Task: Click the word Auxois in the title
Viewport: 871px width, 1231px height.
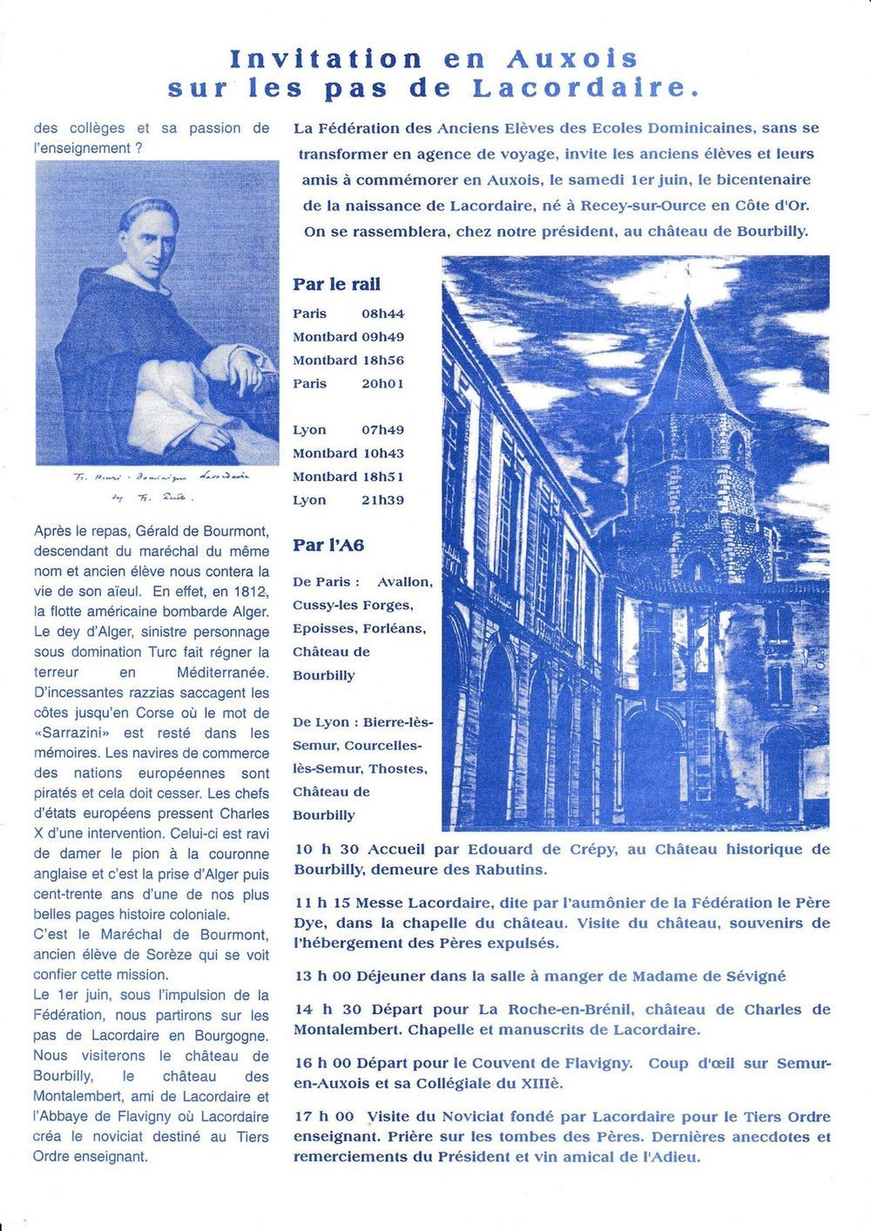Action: pos(571,59)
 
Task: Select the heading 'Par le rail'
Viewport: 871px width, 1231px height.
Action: pos(336,284)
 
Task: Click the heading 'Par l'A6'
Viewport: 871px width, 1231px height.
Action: pos(328,545)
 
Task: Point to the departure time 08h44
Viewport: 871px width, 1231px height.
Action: pos(383,314)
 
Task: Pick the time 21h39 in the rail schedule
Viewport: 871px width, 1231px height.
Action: pos(383,500)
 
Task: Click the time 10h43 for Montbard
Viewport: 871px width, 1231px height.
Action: pos(383,453)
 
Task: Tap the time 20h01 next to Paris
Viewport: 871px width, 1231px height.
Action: pos(383,383)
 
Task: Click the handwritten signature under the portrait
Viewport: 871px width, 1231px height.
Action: pos(157,486)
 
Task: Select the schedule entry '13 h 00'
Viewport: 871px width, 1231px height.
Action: pos(323,976)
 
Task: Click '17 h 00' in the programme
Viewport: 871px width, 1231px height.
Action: pos(324,1116)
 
